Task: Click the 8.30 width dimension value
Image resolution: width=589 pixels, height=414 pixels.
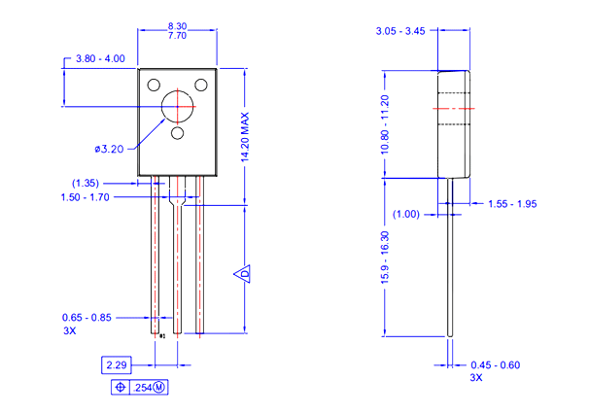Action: click(177, 26)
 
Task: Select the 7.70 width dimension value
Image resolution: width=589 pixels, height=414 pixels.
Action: click(177, 36)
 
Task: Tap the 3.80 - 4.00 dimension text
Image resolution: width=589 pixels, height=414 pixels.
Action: click(100, 58)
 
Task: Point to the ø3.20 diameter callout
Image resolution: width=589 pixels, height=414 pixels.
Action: click(110, 149)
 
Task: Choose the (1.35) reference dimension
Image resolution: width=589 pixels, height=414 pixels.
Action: click(86, 183)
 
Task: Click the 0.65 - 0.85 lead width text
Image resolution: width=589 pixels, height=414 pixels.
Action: click(87, 318)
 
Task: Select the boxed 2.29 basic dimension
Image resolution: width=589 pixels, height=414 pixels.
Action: click(118, 365)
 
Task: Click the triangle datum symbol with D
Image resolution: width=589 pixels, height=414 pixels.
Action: click(246, 274)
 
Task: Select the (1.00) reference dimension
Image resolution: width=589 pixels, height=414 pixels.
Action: click(406, 214)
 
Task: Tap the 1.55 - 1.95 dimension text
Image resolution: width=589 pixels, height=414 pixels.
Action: click(512, 204)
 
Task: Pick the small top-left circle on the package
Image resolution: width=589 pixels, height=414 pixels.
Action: click(154, 85)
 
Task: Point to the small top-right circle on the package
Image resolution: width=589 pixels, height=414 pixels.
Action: click(202, 85)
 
